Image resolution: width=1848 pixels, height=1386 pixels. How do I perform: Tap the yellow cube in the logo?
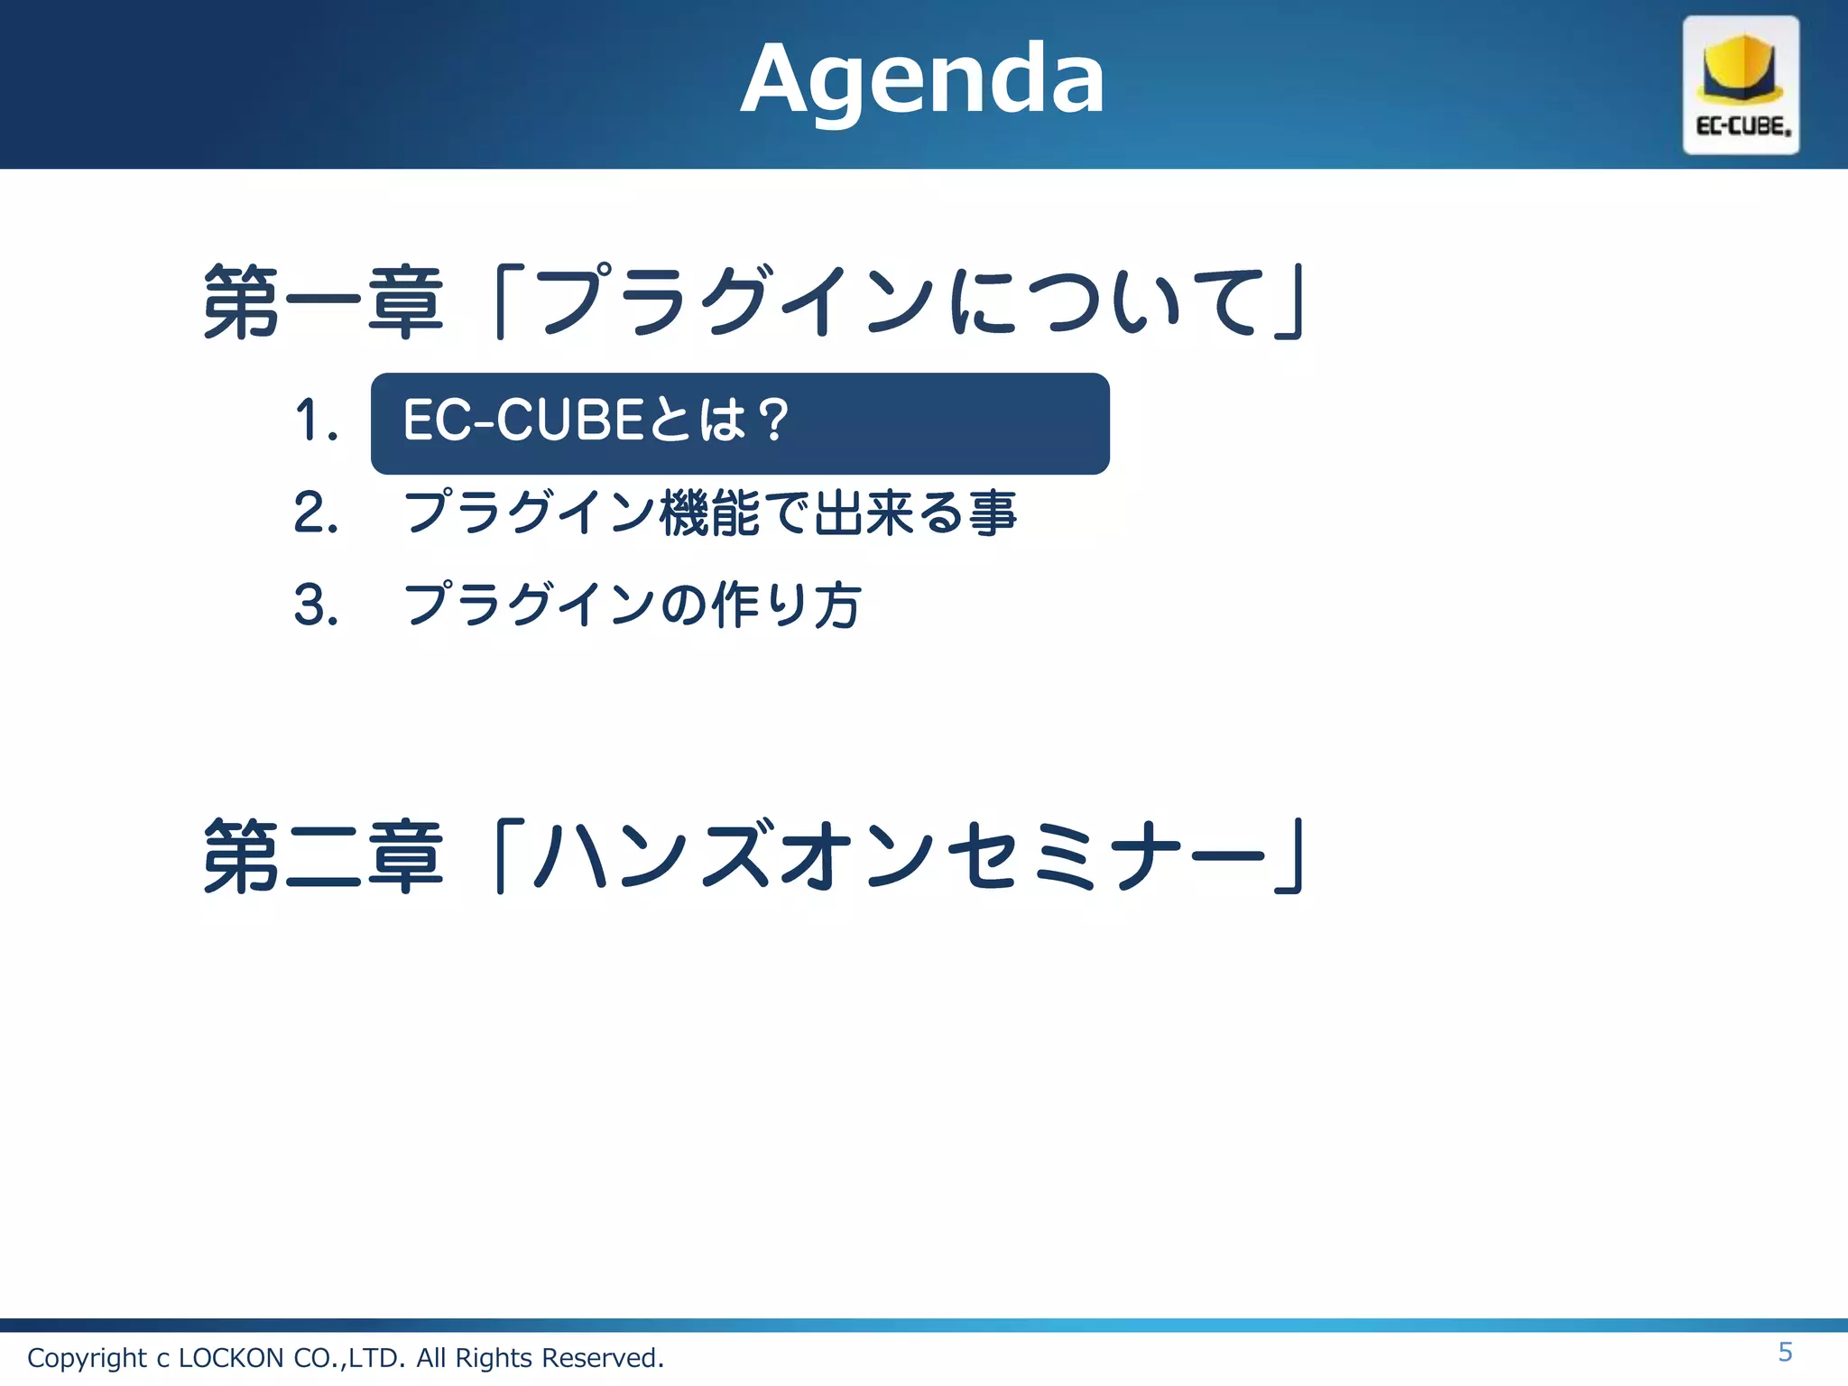click(1740, 69)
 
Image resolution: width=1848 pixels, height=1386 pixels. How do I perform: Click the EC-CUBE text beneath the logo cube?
click(1742, 126)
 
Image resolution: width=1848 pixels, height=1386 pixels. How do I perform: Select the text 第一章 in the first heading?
click(323, 302)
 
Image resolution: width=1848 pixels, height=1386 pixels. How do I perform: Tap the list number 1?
click(316, 421)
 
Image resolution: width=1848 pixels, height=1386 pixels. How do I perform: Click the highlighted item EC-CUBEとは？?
click(596, 421)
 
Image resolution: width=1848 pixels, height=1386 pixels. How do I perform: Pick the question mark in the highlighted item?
click(773, 421)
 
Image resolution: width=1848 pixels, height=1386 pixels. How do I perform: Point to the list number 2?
click(316, 513)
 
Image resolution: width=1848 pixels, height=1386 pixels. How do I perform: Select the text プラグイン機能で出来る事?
click(710, 513)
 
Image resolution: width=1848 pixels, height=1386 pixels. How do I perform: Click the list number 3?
click(316, 605)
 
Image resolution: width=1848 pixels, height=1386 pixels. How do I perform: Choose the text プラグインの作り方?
click(632, 605)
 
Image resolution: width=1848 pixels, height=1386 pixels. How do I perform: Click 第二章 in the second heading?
click(323, 856)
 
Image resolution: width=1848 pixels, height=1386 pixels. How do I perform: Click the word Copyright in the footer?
click(87, 1358)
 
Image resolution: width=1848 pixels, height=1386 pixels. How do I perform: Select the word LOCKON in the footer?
click(231, 1358)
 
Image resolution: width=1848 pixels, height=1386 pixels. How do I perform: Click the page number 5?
click(1785, 1353)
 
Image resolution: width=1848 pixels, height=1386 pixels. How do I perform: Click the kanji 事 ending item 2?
click(993, 513)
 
